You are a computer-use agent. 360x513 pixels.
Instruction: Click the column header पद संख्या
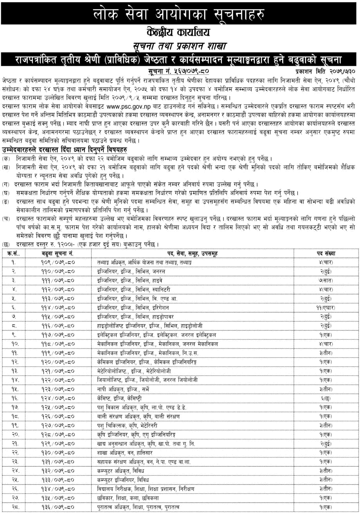[326, 253]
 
